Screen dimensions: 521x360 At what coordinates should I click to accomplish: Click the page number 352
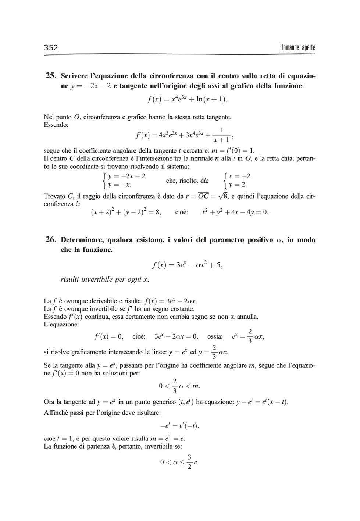tap(51, 47)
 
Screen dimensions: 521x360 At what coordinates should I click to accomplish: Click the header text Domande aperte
tap(297, 47)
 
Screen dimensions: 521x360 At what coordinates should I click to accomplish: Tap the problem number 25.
tap(50, 76)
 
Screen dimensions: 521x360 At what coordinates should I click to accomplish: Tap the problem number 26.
tap(50, 240)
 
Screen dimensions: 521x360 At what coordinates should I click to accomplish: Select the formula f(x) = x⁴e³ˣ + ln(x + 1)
tap(187, 99)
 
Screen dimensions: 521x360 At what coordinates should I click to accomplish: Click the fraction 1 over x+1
tap(221, 135)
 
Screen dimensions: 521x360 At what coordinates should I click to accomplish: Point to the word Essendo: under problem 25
tap(56, 125)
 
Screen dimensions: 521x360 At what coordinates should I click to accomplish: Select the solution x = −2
tap(239, 176)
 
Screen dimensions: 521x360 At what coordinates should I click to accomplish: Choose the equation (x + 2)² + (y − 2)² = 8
tap(126, 212)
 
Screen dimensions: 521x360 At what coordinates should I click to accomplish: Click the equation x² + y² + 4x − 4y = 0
tap(235, 212)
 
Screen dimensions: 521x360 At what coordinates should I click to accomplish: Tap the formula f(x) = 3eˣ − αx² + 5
tap(187, 265)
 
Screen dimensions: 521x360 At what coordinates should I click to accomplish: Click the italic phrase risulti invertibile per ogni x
tap(105, 279)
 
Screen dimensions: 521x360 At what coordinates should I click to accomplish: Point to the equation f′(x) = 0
tap(109, 336)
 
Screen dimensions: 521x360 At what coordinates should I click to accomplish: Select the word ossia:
tap(215, 336)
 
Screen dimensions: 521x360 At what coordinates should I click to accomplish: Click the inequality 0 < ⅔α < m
tap(179, 386)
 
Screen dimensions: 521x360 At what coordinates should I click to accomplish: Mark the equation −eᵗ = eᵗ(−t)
tap(180, 426)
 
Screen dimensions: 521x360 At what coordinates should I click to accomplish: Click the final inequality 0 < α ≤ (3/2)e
tap(179, 462)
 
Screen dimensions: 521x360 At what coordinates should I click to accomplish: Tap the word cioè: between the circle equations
tap(182, 212)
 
